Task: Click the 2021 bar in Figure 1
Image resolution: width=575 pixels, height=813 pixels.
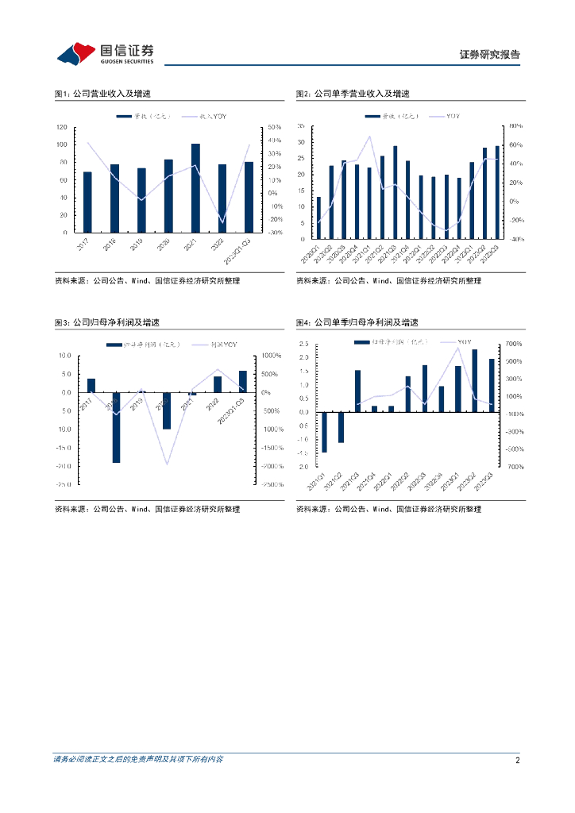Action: [x=195, y=188]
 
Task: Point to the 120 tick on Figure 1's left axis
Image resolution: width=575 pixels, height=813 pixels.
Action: [x=60, y=127]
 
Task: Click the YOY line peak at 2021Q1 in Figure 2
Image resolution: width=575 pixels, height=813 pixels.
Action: [x=369, y=137]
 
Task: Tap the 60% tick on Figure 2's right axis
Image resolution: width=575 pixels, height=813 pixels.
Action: [x=515, y=144]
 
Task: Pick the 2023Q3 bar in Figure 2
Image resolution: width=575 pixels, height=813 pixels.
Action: [x=498, y=191]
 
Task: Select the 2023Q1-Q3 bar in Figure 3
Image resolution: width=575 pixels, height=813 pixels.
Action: [x=243, y=382]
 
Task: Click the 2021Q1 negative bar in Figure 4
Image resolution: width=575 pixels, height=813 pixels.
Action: [x=324, y=432]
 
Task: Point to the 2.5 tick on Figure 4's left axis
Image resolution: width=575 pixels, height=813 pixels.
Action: [x=303, y=345]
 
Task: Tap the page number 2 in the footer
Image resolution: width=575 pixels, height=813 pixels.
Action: [x=517, y=760]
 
